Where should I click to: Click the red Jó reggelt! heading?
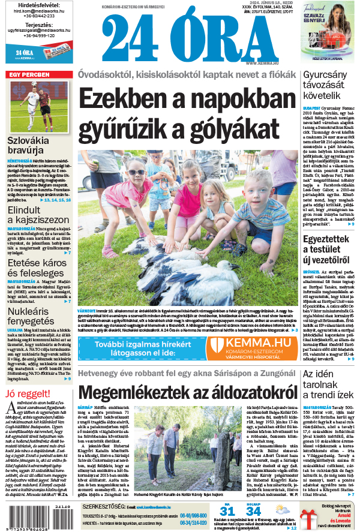tap(26, 393)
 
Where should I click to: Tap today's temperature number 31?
tap(226, 510)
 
